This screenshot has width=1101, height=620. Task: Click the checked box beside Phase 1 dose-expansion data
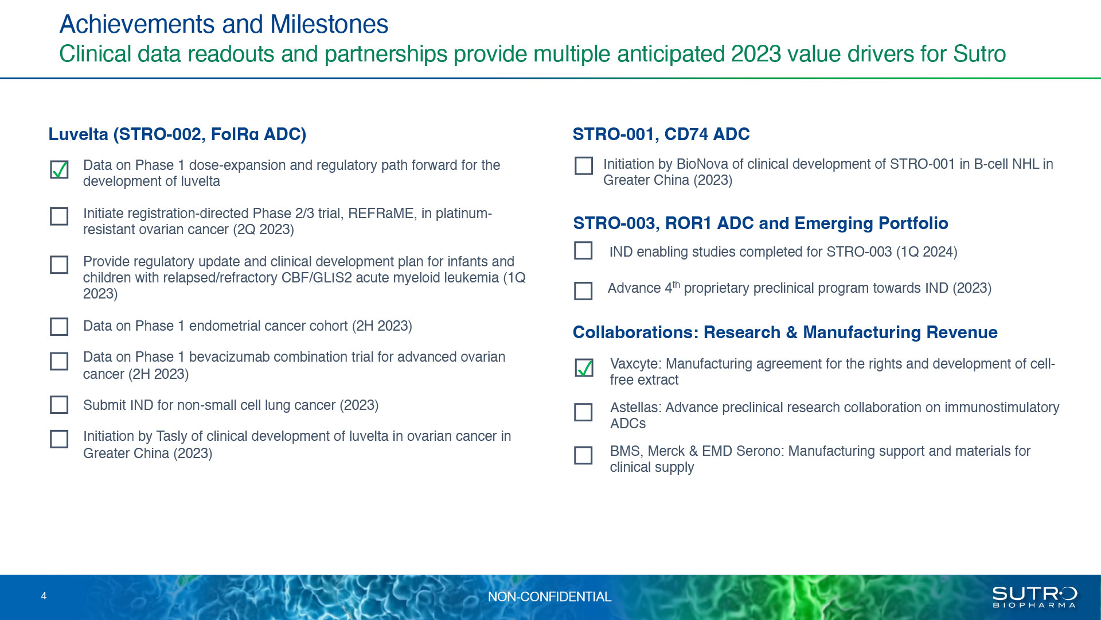click(x=59, y=170)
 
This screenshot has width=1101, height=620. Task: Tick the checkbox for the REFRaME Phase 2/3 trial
click(x=59, y=216)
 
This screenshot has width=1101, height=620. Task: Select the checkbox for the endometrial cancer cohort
click(x=59, y=327)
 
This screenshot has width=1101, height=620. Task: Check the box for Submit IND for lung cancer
click(x=59, y=405)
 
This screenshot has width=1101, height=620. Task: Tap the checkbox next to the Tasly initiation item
click(x=59, y=439)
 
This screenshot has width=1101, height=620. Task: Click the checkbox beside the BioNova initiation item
click(x=584, y=166)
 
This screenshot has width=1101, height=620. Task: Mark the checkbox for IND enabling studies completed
click(x=583, y=250)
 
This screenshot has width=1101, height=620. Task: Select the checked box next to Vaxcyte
click(x=584, y=368)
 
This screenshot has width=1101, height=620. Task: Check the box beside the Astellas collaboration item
click(x=583, y=412)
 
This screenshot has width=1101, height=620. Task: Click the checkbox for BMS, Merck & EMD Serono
click(x=583, y=455)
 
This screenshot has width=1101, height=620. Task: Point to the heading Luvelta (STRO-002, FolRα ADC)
click(x=177, y=134)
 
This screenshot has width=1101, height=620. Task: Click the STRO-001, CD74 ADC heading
click(x=661, y=134)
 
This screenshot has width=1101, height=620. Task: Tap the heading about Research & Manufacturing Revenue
click(x=785, y=332)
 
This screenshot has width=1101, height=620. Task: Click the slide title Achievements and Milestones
click(x=224, y=24)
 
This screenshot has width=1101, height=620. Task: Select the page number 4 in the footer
click(x=44, y=596)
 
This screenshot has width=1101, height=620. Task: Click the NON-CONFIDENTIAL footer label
click(x=549, y=597)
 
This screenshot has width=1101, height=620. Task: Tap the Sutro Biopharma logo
click(x=1034, y=597)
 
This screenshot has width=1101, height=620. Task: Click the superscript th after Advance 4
click(x=676, y=285)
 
